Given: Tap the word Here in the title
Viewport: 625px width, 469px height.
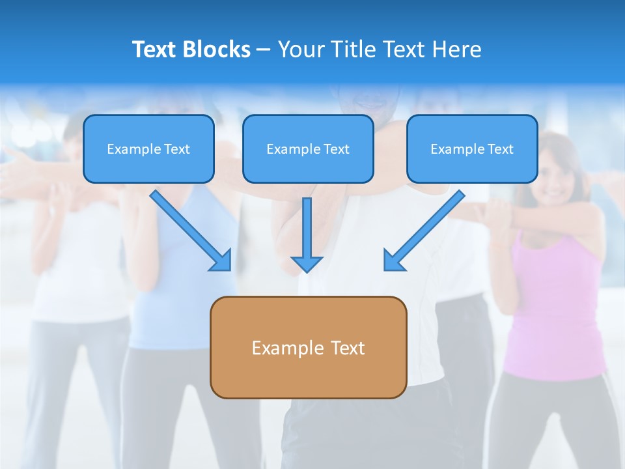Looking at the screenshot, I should pos(458,50).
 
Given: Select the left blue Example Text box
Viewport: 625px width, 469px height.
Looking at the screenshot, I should pos(148,149).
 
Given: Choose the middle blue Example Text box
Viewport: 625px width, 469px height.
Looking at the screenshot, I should pos(308,149).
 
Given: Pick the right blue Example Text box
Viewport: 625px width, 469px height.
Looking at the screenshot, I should pos(472,149).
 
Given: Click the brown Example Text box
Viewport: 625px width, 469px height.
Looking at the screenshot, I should pos(308,347).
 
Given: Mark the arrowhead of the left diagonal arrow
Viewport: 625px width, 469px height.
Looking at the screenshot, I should pos(221,261).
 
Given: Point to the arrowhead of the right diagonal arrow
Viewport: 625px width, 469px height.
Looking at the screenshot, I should pos(393,261).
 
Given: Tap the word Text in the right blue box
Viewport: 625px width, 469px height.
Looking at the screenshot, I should pos(500,149).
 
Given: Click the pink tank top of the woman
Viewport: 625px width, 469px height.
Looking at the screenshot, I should pos(553,306).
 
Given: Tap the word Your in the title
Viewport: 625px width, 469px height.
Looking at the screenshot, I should pos(299,50).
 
